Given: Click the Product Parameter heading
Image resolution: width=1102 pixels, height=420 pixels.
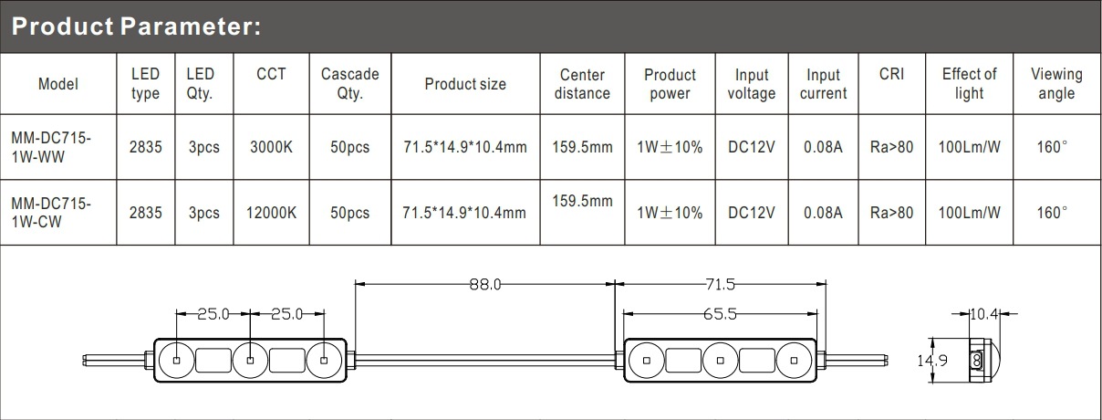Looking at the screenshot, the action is pyautogui.click(x=136, y=26).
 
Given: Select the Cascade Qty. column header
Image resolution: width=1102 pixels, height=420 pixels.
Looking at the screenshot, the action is pyautogui.click(x=349, y=83).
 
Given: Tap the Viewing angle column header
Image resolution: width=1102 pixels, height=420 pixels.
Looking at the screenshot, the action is pyautogui.click(x=1056, y=83).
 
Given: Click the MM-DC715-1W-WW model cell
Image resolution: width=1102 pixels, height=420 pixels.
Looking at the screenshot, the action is pyautogui.click(x=51, y=147).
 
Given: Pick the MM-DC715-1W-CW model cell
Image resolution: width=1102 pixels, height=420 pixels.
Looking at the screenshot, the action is pyautogui.click(x=51, y=213).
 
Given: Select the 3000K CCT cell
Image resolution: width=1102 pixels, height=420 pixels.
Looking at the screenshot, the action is pyautogui.click(x=271, y=147).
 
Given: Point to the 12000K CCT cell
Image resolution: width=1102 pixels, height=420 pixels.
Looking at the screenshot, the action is pyautogui.click(x=271, y=213).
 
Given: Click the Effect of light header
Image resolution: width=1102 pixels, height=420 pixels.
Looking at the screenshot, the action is pyautogui.click(x=969, y=83).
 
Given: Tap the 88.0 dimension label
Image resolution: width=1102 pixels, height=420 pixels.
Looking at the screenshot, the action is pyautogui.click(x=485, y=284).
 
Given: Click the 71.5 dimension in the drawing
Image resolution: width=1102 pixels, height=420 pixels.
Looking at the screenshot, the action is pyautogui.click(x=720, y=284).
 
